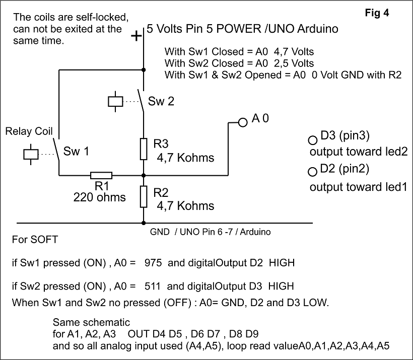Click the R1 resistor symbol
(101, 175)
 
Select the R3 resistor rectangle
(144, 150)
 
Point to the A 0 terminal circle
(243, 122)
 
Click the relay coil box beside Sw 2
(115, 101)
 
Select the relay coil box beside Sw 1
(31, 153)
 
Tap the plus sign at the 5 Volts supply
(135, 37)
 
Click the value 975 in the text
(152, 263)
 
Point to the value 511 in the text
(152, 286)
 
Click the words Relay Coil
(29, 132)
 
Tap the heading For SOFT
(35, 239)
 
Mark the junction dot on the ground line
(144, 223)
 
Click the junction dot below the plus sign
(144, 70)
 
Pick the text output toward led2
(358, 152)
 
